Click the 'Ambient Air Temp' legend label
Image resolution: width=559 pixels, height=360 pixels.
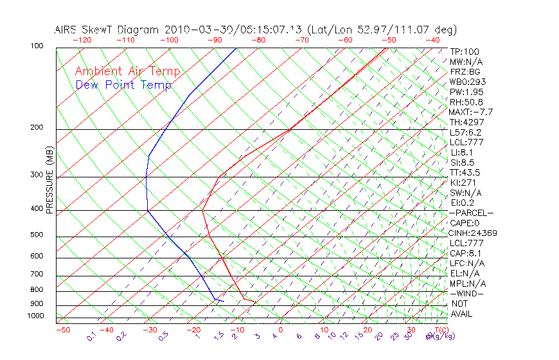[x=127, y=71]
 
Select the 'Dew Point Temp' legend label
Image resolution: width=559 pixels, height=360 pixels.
[x=123, y=85]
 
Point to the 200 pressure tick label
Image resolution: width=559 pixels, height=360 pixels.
[x=37, y=127]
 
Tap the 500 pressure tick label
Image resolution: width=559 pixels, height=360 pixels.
[x=37, y=235]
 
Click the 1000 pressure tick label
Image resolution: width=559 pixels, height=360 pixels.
[x=35, y=316]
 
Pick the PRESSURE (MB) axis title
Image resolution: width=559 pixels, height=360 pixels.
[x=49, y=179]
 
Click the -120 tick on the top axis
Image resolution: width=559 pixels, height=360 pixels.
[x=82, y=40]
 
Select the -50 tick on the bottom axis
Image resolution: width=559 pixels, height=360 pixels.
[x=62, y=330]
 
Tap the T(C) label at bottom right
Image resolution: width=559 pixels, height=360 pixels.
[x=441, y=330]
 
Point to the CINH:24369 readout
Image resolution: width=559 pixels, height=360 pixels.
[x=474, y=233]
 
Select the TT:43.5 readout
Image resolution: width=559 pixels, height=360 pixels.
[x=465, y=172]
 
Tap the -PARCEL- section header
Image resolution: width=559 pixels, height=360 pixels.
[x=472, y=213]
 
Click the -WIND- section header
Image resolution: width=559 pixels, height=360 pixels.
[x=467, y=293]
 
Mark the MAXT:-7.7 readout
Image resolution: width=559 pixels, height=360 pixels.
[x=471, y=112]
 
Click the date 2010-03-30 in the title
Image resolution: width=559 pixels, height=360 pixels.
[x=192, y=30]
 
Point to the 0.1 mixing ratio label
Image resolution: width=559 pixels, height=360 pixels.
[x=92, y=336]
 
